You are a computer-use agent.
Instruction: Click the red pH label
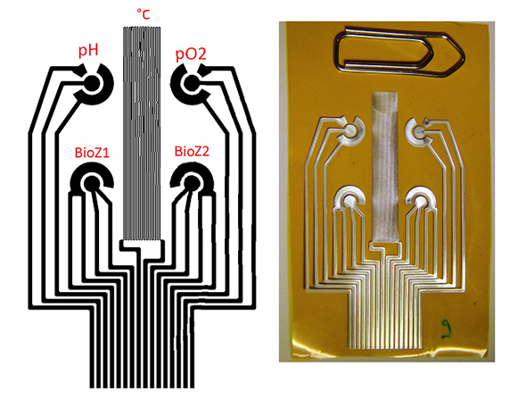88,51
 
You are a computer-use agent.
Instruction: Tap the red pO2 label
191,54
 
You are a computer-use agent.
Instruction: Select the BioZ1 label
92,153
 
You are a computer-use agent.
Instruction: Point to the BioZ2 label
192,151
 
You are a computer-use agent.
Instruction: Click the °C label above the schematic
144,14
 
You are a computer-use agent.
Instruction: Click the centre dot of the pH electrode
91,83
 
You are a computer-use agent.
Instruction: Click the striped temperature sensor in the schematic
142,133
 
